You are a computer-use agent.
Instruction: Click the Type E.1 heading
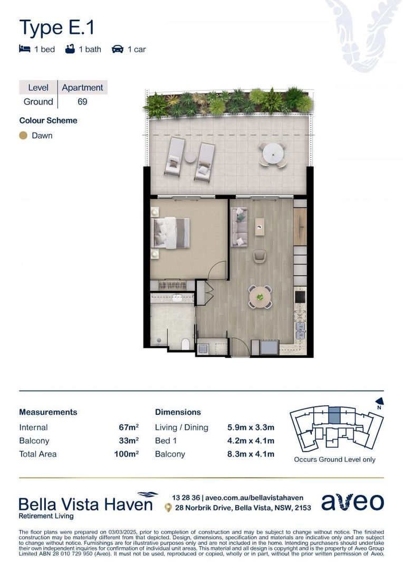(57, 27)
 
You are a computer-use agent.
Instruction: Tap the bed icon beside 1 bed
(24, 49)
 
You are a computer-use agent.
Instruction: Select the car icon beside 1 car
(117, 49)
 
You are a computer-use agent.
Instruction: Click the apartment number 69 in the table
(82, 101)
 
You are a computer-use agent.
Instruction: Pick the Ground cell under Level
(39, 101)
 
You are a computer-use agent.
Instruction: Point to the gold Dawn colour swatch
(23, 136)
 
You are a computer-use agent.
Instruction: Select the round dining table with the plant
(260, 297)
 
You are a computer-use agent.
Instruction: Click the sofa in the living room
(239, 226)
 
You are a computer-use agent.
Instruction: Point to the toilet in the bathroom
(186, 344)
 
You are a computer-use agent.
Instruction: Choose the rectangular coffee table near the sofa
(260, 227)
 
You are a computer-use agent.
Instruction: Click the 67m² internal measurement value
(129, 427)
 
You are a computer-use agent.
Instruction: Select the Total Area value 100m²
(126, 454)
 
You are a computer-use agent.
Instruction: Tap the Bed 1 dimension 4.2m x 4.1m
(251, 441)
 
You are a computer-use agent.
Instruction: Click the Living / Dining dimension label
(181, 427)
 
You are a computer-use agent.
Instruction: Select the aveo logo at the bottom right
(352, 502)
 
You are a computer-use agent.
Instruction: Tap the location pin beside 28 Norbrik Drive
(168, 508)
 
